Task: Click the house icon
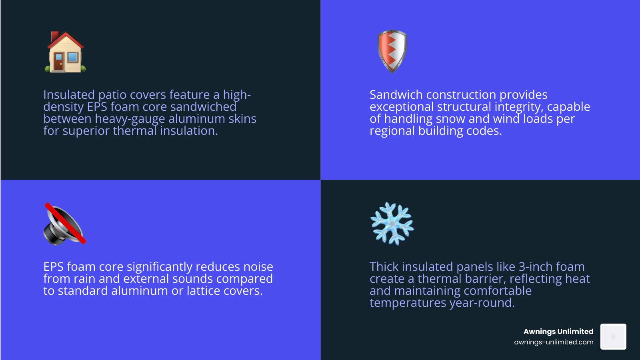coord(65,52)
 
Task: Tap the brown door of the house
coord(59,62)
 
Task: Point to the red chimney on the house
coord(55,36)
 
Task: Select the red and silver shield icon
coord(392,51)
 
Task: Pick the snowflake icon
coord(392,223)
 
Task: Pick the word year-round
coord(482,303)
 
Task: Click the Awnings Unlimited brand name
coord(558,331)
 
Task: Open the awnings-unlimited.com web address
coord(554,342)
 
